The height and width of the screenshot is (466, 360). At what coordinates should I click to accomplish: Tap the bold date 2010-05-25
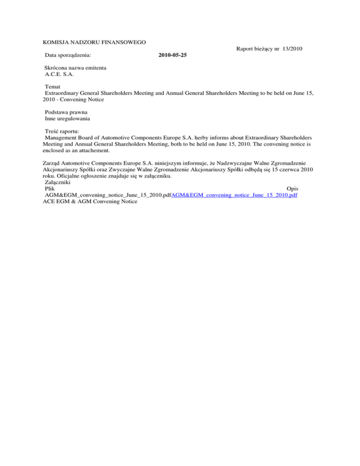tap(172, 55)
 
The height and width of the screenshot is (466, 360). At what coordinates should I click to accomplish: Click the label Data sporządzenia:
tap(68, 55)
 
